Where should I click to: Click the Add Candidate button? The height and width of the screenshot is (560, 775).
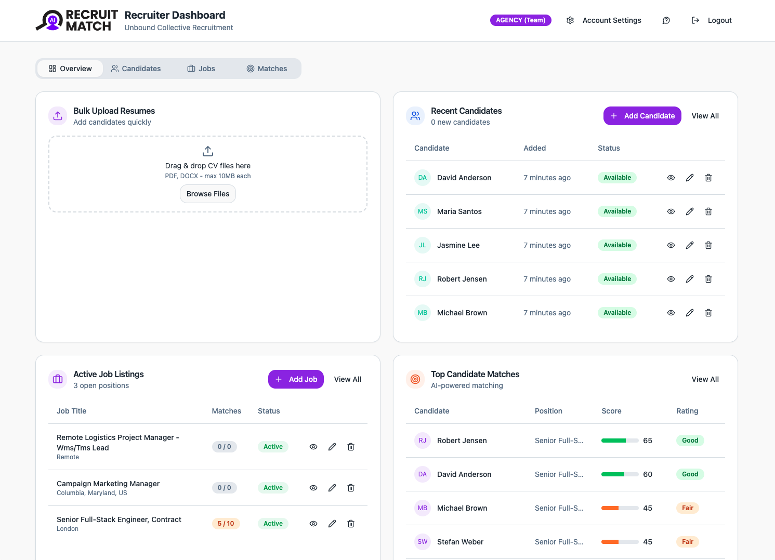click(x=642, y=116)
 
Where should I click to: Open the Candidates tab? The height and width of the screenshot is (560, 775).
click(x=136, y=69)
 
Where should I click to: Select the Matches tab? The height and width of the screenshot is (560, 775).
click(x=267, y=69)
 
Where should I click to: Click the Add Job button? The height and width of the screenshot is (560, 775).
click(x=296, y=379)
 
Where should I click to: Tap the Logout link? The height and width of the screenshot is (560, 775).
click(x=712, y=20)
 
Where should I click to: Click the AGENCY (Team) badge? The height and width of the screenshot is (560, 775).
click(x=520, y=20)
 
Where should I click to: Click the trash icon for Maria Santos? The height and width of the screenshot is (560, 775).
click(x=708, y=211)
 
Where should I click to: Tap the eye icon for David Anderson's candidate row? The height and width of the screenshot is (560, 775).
click(x=671, y=178)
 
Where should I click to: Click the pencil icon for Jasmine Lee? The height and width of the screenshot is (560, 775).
click(x=690, y=245)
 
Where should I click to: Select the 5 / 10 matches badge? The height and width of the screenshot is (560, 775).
click(x=226, y=524)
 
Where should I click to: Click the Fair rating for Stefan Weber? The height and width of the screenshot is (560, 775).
click(x=687, y=542)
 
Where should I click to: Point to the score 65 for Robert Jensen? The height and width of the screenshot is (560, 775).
click(x=647, y=441)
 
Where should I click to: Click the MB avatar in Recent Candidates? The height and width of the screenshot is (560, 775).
click(x=423, y=313)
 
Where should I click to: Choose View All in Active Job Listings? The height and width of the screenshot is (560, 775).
click(x=347, y=379)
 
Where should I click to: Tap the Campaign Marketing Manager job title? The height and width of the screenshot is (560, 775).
click(x=108, y=484)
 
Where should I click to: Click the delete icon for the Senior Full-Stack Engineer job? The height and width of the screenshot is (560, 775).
click(x=351, y=524)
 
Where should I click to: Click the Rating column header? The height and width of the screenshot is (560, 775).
click(x=687, y=411)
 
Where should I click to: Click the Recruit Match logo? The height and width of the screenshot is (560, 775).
click(x=77, y=20)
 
